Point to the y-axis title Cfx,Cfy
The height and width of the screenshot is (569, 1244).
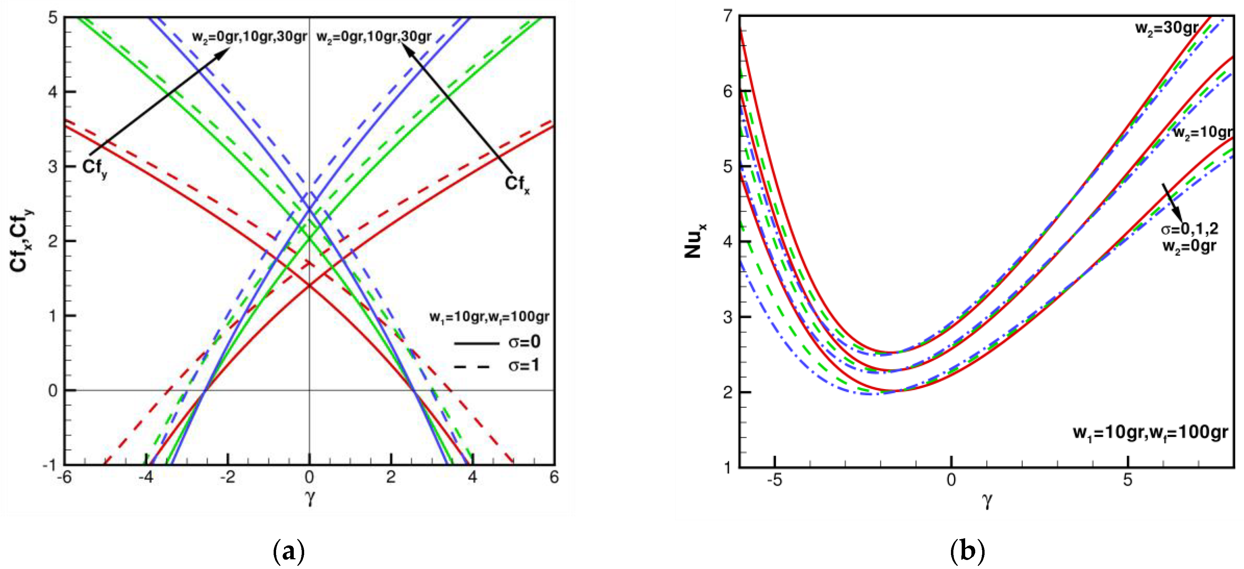point(21,240)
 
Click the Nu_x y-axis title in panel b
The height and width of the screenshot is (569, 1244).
point(694,240)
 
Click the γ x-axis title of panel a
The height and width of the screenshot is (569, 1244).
point(310,496)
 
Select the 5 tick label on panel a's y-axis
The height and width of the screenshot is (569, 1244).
point(53,18)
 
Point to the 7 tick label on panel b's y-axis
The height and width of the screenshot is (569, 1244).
point(728,16)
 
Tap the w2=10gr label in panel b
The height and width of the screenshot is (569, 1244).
point(1202,132)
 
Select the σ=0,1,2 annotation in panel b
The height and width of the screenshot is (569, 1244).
point(1189,228)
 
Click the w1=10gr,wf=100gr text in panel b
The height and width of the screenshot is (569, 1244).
point(1150,432)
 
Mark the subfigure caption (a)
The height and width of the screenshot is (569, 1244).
point(289,551)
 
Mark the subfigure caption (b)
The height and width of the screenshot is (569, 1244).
point(967,551)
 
